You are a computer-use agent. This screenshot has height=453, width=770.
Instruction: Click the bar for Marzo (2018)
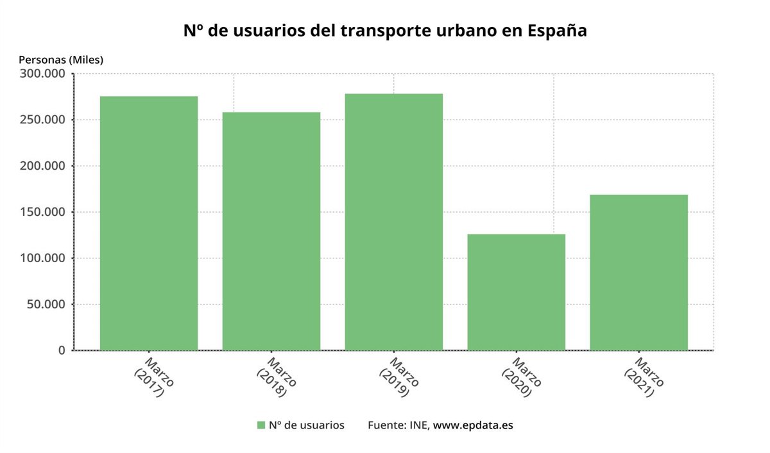pos(271,231)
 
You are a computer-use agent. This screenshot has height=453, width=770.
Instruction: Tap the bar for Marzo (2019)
pos(393,222)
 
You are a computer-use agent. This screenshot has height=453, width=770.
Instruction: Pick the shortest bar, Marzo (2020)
pos(516,292)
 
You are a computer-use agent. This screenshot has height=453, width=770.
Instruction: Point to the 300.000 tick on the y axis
pos(44,74)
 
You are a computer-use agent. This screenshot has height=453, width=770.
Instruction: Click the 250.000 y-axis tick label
pos(44,120)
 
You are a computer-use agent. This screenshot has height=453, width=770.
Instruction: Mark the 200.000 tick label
pos(44,166)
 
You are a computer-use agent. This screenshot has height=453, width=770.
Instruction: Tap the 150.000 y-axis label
pos(44,213)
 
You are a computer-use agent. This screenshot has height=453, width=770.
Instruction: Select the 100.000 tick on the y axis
pos(44,258)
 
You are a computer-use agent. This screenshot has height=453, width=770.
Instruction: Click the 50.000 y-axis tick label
pos(47,305)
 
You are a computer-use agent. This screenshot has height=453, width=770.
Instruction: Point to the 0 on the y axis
pos(62,351)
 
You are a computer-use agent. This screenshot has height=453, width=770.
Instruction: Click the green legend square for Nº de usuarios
pos(261,425)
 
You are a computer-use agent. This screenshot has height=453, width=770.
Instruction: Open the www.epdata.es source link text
pos(473,425)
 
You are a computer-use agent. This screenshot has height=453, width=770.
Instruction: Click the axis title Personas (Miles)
pos(61,59)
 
